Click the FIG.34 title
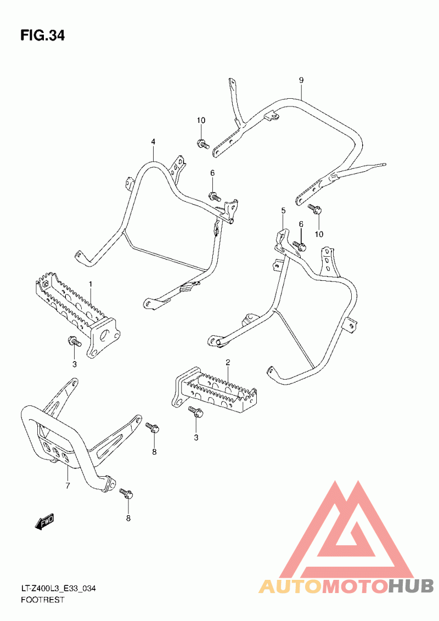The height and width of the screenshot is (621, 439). pyautogui.click(x=42, y=36)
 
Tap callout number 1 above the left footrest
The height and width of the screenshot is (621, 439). pyautogui.click(x=91, y=284)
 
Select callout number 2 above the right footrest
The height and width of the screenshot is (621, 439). pyautogui.click(x=228, y=363)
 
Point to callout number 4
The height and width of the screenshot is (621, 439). pyautogui.click(x=154, y=142)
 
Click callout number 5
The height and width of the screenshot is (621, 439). pyautogui.click(x=283, y=211)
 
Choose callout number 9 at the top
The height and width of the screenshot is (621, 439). pyautogui.click(x=301, y=80)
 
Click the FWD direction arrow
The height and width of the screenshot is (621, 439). pyautogui.click(x=44, y=522)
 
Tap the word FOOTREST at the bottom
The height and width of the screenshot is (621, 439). pyautogui.click(x=42, y=600)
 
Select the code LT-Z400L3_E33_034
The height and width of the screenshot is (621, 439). pyautogui.click(x=59, y=589)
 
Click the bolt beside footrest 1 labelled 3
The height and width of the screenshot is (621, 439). pyautogui.click(x=75, y=342)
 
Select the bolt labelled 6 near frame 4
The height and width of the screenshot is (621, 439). pyautogui.click(x=214, y=196)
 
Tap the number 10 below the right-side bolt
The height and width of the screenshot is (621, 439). pyautogui.click(x=319, y=234)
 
